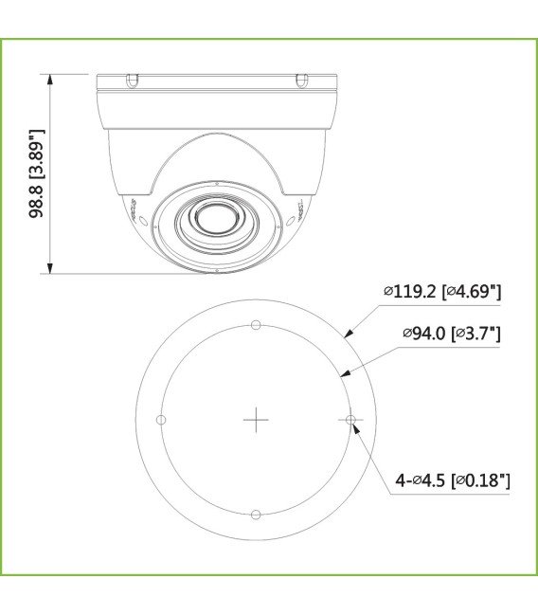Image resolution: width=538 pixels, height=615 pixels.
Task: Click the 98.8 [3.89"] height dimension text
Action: point(37,174)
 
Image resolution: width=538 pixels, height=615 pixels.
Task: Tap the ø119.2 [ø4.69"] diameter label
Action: point(441,292)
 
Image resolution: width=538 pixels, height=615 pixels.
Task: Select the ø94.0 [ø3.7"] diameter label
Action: point(451,333)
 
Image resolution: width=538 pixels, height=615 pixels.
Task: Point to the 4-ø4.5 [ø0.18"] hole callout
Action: point(452,480)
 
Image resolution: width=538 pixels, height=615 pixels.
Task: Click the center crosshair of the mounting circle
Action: point(256,420)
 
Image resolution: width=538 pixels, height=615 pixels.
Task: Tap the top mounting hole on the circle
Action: point(256,325)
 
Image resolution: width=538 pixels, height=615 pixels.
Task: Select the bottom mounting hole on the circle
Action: point(256,515)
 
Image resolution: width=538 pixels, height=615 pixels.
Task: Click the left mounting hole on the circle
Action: point(161,420)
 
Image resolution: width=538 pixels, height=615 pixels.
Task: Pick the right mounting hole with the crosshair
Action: point(350,420)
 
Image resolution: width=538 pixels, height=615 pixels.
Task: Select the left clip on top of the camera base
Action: point(132,80)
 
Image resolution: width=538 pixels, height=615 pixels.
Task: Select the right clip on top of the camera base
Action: point(301,80)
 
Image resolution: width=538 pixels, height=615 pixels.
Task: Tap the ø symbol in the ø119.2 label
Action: point(388,293)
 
